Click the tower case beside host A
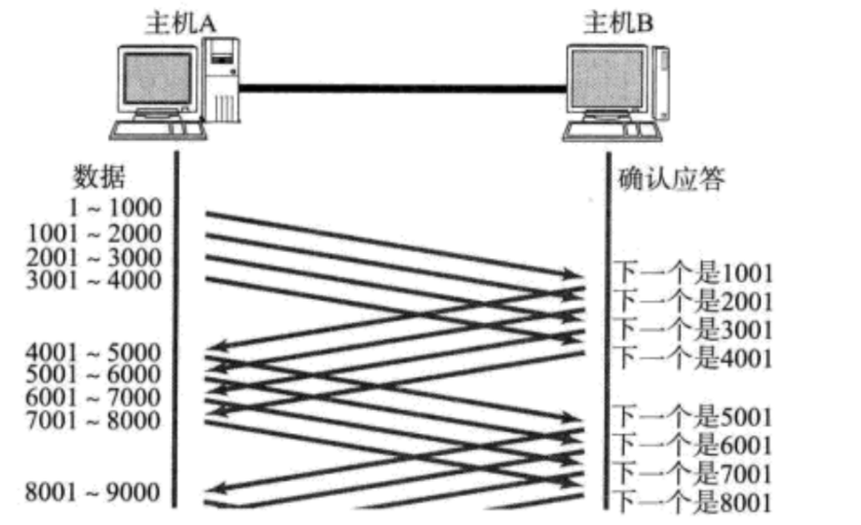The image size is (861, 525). [x=222, y=78]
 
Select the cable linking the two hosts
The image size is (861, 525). [x=400, y=89]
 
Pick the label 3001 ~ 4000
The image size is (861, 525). [x=93, y=280]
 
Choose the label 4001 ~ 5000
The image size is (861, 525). [x=93, y=351]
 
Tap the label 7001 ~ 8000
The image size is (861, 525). [x=93, y=420]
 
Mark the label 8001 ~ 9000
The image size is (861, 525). [x=93, y=491]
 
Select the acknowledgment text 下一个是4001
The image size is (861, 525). [x=694, y=358]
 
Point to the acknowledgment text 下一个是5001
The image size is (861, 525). [x=694, y=417]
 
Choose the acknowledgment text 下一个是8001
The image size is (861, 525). [x=694, y=502]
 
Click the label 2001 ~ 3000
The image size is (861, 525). [x=93, y=257]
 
